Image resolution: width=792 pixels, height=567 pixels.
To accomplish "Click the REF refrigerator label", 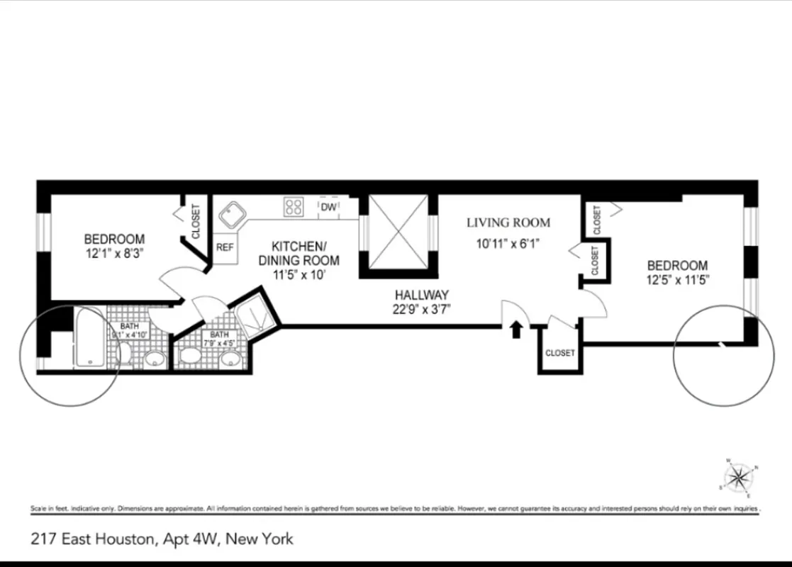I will click(x=225, y=248).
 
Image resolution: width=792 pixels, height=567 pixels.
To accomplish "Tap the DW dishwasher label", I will click(x=328, y=207).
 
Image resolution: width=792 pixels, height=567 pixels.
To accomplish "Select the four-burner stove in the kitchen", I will click(x=294, y=207).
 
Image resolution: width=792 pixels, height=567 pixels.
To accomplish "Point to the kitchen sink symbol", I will click(x=232, y=213).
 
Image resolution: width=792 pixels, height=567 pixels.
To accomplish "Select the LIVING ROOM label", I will click(x=508, y=223).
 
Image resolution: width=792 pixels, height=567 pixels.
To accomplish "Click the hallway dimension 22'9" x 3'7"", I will click(x=423, y=308).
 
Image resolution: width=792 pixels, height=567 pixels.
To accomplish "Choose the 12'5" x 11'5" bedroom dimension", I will click(x=676, y=279).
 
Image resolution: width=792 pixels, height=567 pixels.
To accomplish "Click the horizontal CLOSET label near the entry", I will click(x=560, y=352).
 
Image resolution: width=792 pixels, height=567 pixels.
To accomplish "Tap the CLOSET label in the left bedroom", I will click(x=196, y=220).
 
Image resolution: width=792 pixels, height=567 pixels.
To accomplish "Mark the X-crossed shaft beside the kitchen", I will click(x=398, y=231).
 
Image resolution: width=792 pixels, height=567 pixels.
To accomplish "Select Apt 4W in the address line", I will click(x=189, y=539).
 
